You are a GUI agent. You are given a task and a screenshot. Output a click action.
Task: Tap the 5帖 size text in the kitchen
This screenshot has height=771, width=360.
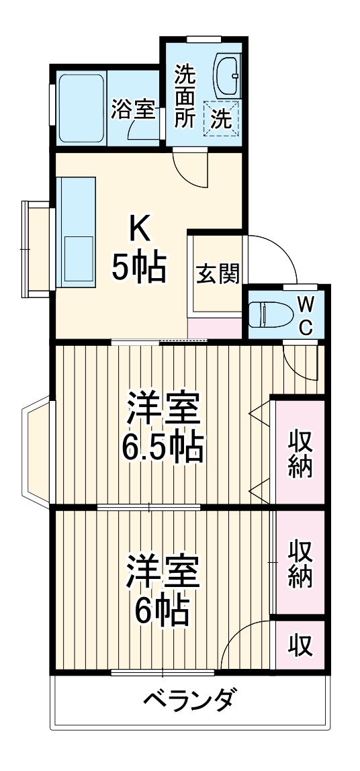(139, 269)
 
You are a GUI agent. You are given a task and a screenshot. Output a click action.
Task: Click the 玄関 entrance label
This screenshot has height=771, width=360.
(217, 273)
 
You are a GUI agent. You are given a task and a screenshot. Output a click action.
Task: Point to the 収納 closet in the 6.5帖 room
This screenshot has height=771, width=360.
(300, 454)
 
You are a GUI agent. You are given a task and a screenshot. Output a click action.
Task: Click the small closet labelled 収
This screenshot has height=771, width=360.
(300, 645)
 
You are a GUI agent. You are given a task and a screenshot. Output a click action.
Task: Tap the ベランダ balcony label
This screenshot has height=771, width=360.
(189, 700)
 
